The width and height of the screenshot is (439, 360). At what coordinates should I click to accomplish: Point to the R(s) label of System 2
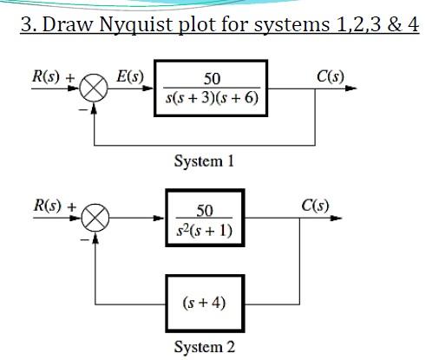(49, 206)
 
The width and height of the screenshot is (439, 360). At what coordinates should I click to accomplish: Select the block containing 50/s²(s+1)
(205, 219)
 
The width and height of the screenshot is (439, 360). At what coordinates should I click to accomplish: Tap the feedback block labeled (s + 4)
(205, 304)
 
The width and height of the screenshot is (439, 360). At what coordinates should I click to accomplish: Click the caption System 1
(204, 161)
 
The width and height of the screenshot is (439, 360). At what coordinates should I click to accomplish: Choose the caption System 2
(204, 348)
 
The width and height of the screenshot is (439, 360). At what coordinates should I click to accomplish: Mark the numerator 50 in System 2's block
(205, 210)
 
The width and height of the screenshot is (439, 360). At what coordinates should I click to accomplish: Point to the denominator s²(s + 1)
(205, 230)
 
